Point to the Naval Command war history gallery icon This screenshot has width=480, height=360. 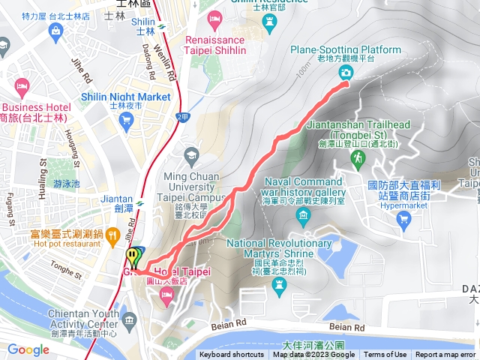[x=304, y=218]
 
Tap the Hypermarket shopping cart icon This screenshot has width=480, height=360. [x=405, y=219]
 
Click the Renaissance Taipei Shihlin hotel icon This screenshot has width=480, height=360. [x=215, y=17]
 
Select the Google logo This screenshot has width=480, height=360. [x=28, y=349]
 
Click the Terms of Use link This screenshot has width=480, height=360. [x=385, y=355]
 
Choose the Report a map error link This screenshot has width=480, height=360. [x=445, y=355]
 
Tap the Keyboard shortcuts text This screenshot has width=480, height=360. [x=232, y=355]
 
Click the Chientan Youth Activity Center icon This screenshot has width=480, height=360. [x=131, y=321]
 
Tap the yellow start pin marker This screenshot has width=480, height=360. [x=133, y=256]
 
